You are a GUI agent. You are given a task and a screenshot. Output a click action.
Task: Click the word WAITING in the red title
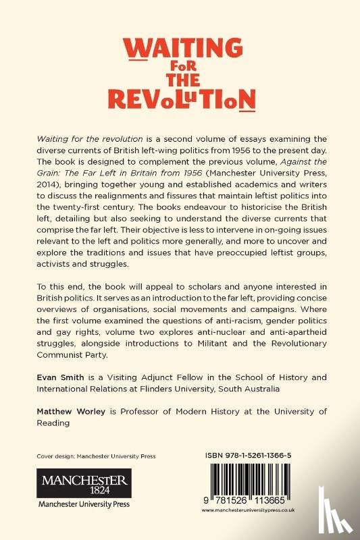pos(180,50)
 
